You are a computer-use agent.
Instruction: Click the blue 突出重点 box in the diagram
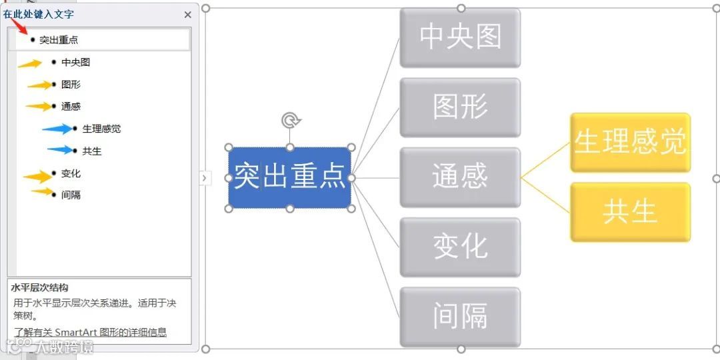(289, 177)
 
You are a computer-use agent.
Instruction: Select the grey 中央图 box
(460, 37)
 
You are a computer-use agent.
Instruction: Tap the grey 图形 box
(460, 107)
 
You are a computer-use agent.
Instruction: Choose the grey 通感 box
(460, 177)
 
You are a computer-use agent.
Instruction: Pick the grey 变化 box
(460, 247)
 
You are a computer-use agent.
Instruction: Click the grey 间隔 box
(460, 317)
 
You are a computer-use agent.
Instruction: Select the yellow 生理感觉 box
(630, 142)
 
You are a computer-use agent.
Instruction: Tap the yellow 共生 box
(630, 212)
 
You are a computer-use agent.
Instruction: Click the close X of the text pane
(187, 15)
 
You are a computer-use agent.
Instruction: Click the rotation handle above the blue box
(290, 121)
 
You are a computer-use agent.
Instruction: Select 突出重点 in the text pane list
(59, 40)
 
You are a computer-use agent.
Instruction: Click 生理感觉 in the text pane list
(101, 129)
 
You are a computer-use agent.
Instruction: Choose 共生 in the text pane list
(92, 151)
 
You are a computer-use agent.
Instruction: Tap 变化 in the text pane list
(71, 173)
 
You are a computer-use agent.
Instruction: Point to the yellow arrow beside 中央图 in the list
(30, 63)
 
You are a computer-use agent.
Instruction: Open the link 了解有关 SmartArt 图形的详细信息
(90, 332)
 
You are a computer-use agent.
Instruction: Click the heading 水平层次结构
(40, 288)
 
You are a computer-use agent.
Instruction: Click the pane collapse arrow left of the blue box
(205, 178)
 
